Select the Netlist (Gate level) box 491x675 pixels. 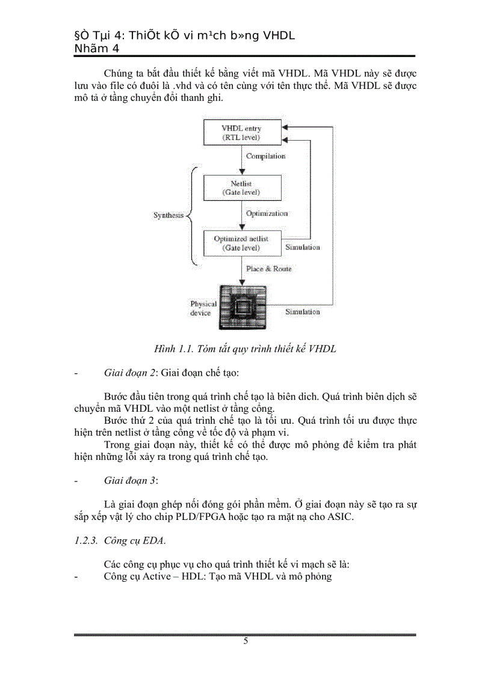coord(241,188)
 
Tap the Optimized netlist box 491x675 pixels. coord(241,243)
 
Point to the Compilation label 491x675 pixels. coord(265,156)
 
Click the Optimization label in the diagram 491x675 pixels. coord(267,213)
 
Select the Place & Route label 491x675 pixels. coord(268,269)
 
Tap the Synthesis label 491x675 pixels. coord(168,216)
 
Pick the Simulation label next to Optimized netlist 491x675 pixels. coord(302,247)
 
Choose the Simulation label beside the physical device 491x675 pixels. coord(302,312)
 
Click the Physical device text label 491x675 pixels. coord(203,308)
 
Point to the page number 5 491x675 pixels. coord(245,641)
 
